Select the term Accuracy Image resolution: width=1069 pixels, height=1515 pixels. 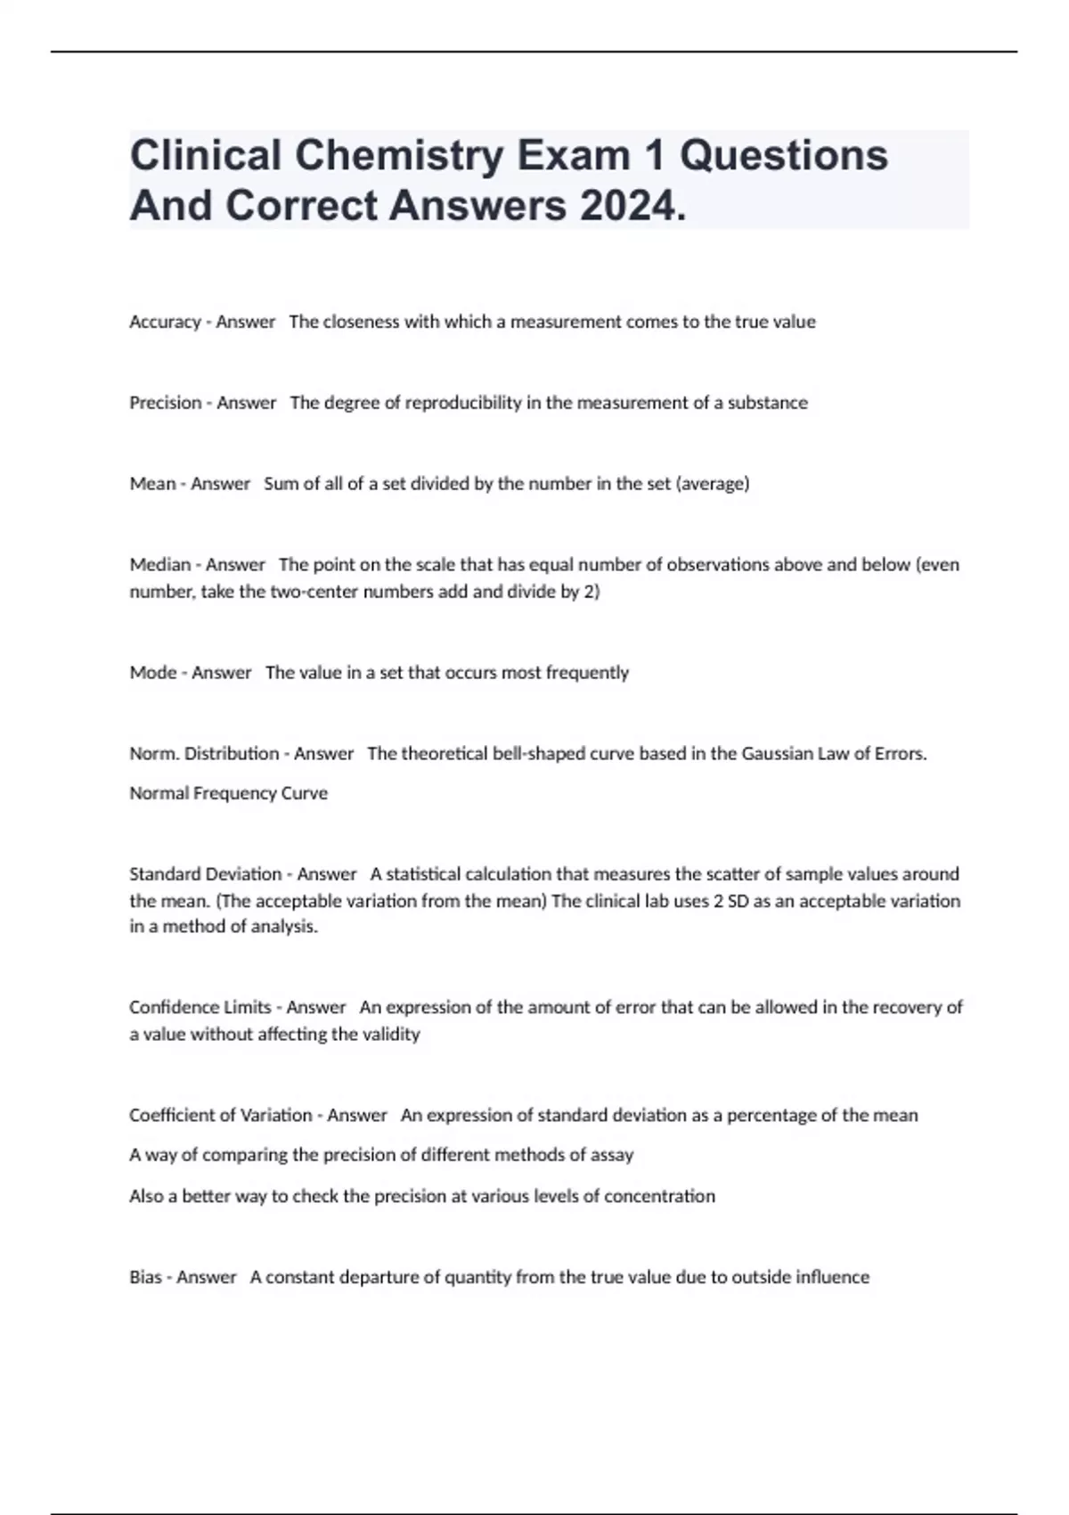[165, 323]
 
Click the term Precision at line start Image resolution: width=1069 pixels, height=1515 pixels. [166, 403]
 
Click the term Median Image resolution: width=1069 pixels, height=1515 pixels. [160, 565]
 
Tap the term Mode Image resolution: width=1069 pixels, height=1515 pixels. [153, 673]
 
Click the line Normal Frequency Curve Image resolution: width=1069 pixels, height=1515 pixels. [228, 793]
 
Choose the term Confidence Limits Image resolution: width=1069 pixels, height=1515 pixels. [200, 1008]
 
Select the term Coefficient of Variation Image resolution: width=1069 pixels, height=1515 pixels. [220, 1116]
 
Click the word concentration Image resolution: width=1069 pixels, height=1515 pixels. [659, 1196]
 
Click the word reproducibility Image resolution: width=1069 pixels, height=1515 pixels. [463, 403]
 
